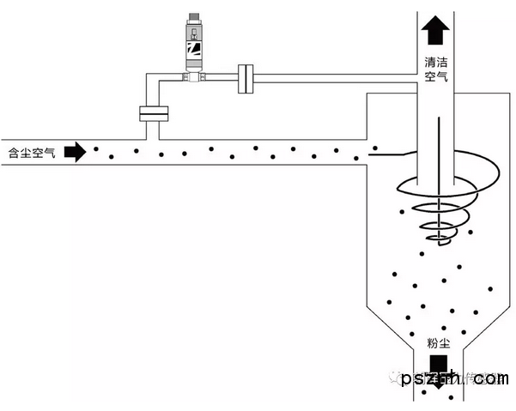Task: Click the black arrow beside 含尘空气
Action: [x=76, y=153]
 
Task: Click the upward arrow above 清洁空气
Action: [x=436, y=32]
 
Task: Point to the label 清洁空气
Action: [x=436, y=70]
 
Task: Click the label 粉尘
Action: [x=438, y=343]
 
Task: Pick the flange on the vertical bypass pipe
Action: [x=153, y=112]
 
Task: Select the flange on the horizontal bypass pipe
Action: [x=246, y=78]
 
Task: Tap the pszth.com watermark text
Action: [x=455, y=378]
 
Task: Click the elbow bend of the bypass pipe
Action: [x=154, y=80]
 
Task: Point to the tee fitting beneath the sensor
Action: [x=194, y=78]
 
